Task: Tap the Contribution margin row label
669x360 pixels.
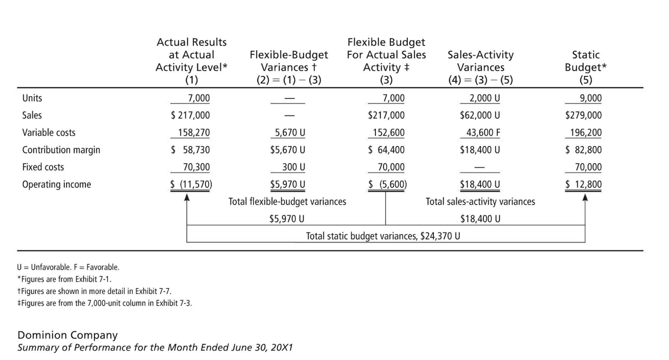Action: (x=61, y=150)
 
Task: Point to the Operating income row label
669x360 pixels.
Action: (x=57, y=184)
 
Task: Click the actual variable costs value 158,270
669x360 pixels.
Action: (x=194, y=132)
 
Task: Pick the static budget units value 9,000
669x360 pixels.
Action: (x=591, y=98)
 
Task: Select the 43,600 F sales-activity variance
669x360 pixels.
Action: (x=483, y=132)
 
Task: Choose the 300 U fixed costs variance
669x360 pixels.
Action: (x=293, y=167)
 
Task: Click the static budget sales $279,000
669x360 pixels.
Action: (x=583, y=115)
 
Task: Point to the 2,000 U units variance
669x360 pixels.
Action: (x=485, y=98)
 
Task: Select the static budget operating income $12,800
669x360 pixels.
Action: (x=583, y=184)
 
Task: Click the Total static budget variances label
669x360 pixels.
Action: (x=383, y=236)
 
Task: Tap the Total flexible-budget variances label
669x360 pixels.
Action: (x=287, y=202)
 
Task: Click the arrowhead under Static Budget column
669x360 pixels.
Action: (x=585, y=197)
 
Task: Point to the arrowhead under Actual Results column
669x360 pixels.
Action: (x=187, y=197)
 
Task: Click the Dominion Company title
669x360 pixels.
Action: (x=67, y=335)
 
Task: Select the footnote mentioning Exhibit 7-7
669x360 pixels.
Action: (x=94, y=291)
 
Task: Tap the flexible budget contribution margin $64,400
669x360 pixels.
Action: (x=386, y=150)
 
